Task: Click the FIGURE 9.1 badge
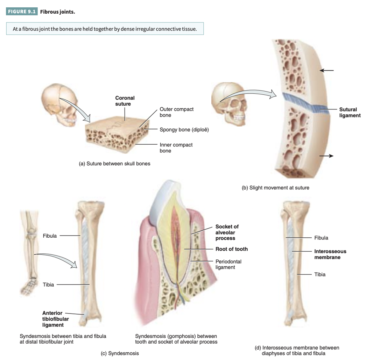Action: pos(22,12)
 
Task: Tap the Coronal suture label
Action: pos(125,101)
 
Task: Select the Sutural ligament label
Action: pos(350,112)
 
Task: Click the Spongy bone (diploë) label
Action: pos(184,130)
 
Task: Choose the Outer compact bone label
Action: pos(176,112)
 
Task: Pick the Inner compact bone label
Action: pos(176,147)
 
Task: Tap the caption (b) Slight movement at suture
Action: pos(275,188)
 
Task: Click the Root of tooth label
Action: pos(231,249)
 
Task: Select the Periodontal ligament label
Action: pos(228,264)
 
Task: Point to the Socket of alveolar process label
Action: pos(227,232)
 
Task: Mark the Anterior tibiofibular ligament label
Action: pos(55,319)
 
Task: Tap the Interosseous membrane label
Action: pos(330,254)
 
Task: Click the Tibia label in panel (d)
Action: pos(319,274)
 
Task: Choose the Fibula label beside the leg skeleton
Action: pos(50,236)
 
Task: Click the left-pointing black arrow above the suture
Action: pos(327,70)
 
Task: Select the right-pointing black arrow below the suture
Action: pos(326,156)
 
